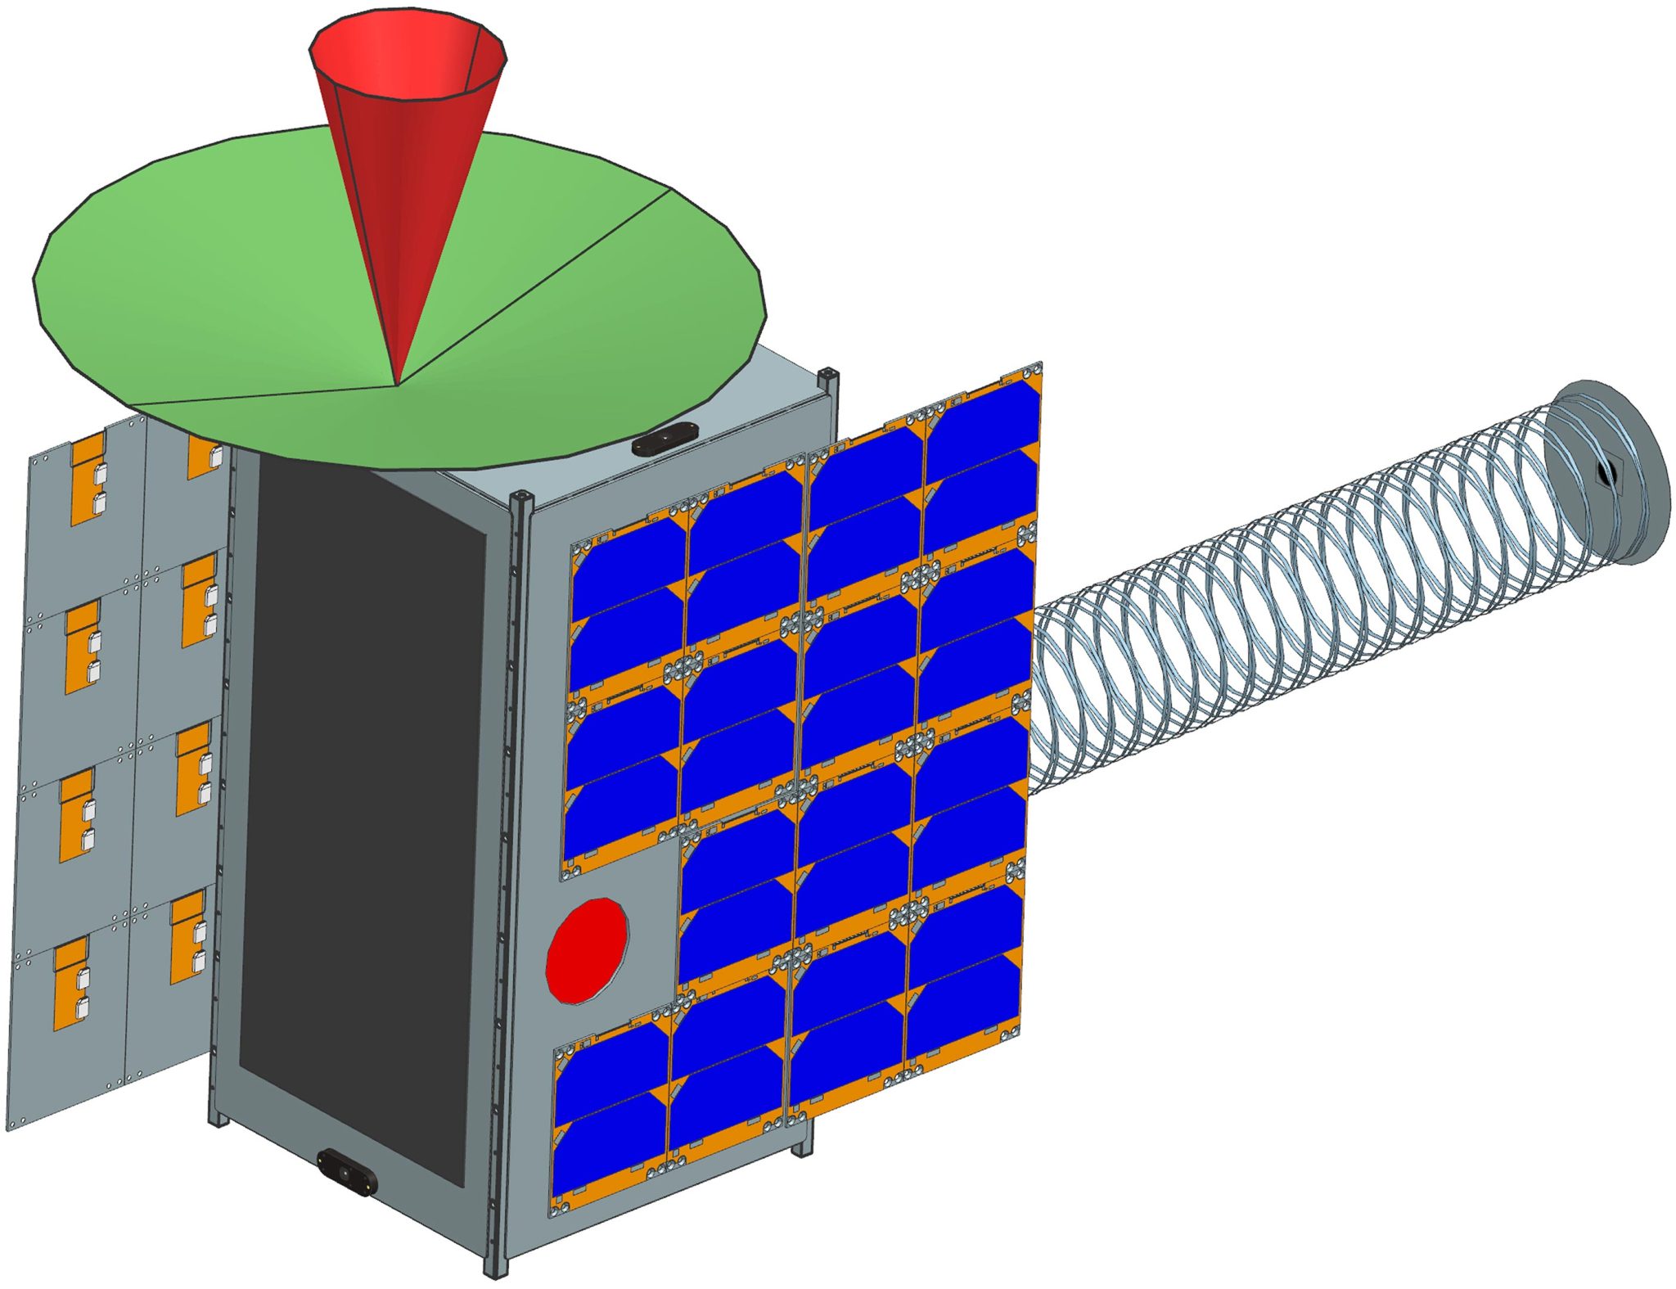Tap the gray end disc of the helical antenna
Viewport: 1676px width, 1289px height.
click(1629, 483)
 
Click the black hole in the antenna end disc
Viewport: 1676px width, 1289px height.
click(1606, 472)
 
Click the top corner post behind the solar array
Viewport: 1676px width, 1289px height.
click(828, 378)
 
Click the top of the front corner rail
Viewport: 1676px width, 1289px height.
click(521, 499)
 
